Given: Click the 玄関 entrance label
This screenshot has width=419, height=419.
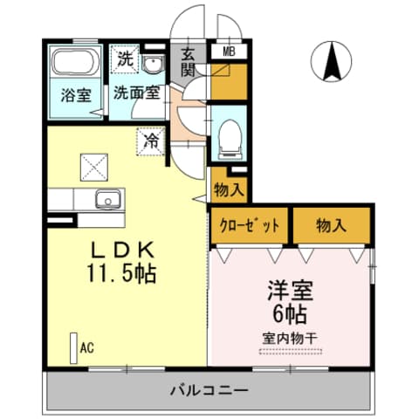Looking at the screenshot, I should [188, 63].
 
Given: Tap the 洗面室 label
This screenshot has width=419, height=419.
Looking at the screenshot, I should [135, 93].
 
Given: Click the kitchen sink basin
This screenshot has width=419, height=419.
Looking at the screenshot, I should [105, 198].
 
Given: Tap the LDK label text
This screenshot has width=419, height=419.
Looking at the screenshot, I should [121, 248].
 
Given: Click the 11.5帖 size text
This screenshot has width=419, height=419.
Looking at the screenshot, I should [121, 273].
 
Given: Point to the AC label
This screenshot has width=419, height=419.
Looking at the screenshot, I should [86, 347].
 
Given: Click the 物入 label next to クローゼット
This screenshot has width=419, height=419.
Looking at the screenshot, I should [331, 225].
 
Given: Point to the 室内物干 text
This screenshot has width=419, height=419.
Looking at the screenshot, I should [291, 338].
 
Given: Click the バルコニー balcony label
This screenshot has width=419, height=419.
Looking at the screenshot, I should [209, 389].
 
